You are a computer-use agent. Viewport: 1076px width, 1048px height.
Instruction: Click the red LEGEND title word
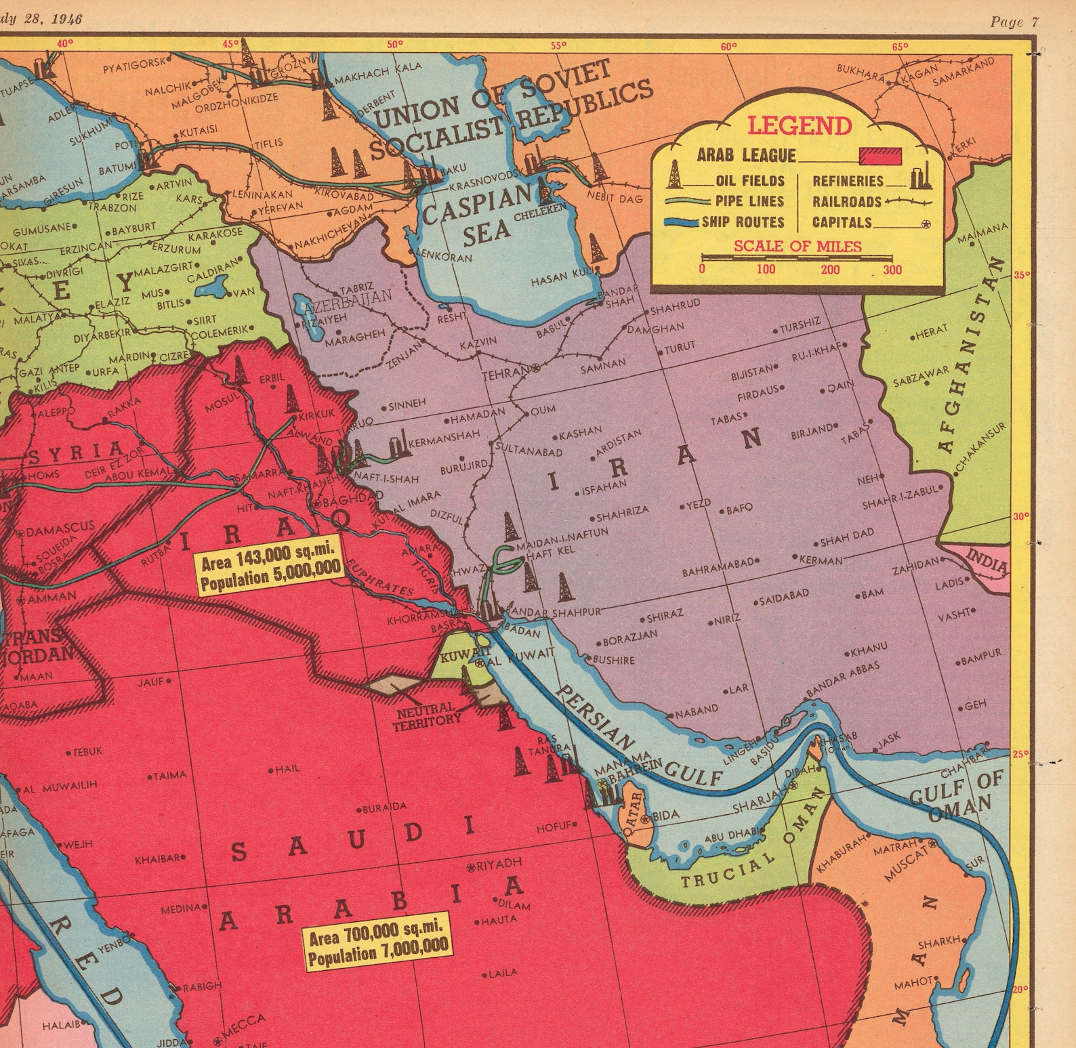800,126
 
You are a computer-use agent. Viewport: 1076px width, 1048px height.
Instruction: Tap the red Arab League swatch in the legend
880,156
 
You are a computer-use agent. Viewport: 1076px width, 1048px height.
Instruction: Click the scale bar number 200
830,270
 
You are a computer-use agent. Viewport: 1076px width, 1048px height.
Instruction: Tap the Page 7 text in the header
1014,22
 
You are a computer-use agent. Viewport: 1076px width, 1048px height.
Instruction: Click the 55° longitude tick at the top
558,46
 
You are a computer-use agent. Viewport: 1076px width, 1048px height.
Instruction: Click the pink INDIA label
987,561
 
